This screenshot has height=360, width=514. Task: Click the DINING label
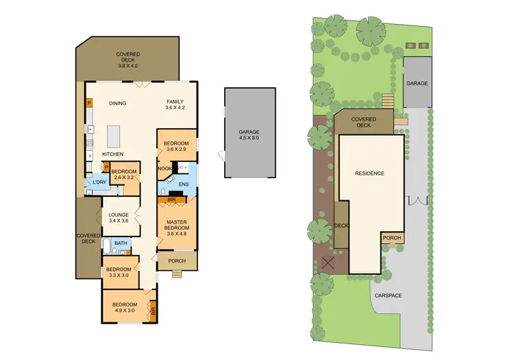coord(118,104)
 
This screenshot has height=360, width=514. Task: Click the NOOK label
coord(164,168)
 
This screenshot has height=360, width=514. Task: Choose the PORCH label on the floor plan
coord(176,261)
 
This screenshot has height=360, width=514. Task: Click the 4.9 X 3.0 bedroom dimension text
coord(125,311)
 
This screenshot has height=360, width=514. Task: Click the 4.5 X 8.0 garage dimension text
coord(249,138)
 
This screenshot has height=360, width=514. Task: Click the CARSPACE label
coord(389,295)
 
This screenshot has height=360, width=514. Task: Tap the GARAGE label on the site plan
coord(417,83)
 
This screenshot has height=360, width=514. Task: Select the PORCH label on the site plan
coord(391,239)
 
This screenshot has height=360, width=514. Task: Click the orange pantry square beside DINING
coord(89,104)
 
